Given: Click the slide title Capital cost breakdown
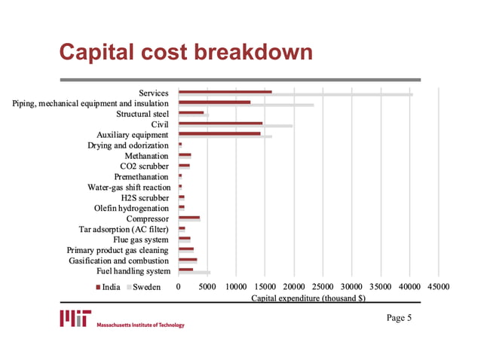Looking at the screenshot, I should coord(185,53).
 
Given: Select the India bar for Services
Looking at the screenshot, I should coord(225,92).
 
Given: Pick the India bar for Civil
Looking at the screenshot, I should coord(220,123).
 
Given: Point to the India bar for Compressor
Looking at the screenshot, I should coord(189,218).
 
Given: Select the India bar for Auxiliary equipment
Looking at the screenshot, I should coord(219,133).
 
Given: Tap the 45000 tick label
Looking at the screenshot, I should coord(439,287).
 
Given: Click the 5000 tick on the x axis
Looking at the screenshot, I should coord(207,287).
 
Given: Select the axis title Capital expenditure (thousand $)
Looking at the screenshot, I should coord(308,298).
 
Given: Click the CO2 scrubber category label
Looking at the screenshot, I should coord(144,166).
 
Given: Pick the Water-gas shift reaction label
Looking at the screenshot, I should coord(129,187).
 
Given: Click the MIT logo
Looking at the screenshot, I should coord(76,319).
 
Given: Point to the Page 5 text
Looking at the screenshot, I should coord(399,318).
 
